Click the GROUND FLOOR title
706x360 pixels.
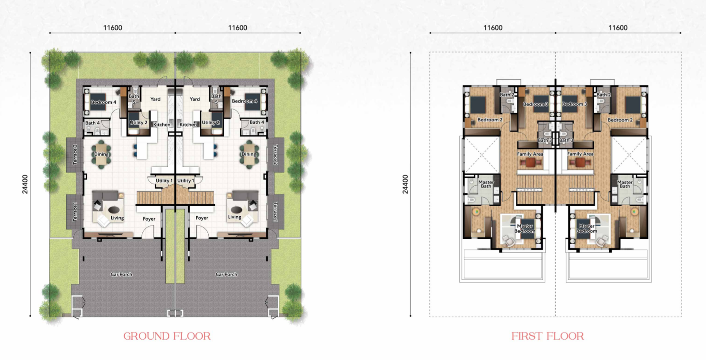pyautogui.click(x=167, y=336)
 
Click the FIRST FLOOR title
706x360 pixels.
pyautogui.click(x=547, y=336)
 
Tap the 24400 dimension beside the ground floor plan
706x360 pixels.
pyautogui.click(x=25, y=184)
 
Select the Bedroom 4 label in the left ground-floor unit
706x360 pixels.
pyautogui.click(x=103, y=102)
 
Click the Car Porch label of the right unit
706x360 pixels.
pyautogui.click(x=226, y=274)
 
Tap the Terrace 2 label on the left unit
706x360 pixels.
pyautogui.click(x=75, y=154)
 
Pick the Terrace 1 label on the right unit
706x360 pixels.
pyautogui.click(x=275, y=212)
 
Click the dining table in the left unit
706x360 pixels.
pyautogui.click(x=101, y=154)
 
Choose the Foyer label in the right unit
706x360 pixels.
pyautogui.click(x=202, y=218)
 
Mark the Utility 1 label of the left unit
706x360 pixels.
pyautogui.click(x=164, y=180)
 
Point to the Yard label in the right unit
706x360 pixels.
pyautogui.click(x=195, y=99)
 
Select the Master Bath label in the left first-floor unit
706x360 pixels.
pyautogui.click(x=486, y=184)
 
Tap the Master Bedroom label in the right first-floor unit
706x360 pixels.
pyautogui.click(x=586, y=229)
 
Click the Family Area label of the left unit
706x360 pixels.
pyautogui.click(x=530, y=154)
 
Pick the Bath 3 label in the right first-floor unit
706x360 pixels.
pyautogui.click(x=566, y=140)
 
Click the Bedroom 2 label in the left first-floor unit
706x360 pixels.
pyautogui.click(x=490, y=120)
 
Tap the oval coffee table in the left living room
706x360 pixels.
pyautogui.click(x=114, y=210)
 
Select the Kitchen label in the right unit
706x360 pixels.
pyautogui.click(x=188, y=125)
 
